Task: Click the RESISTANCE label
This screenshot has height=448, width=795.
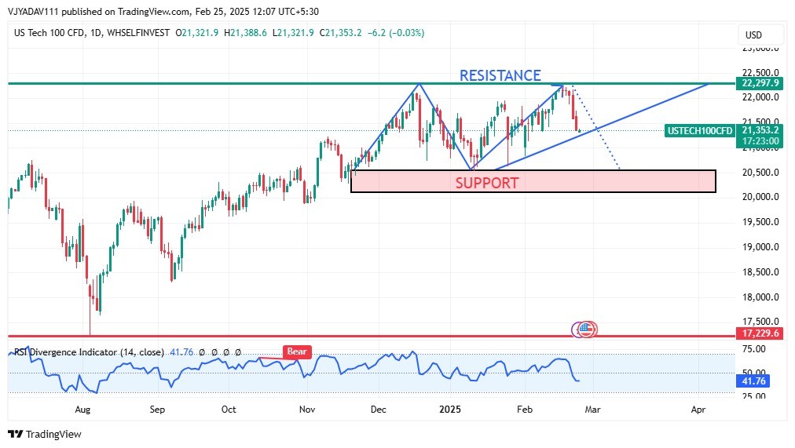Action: click(x=500, y=75)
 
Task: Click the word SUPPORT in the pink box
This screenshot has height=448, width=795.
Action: click(x=487, y=183)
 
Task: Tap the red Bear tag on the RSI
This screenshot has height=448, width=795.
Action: click(x=297, y=352)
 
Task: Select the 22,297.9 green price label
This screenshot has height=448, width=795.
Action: click(x=760, y=83)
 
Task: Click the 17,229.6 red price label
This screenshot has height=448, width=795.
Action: click(x=760, y=333)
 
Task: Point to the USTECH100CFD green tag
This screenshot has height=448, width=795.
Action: click(x=699, y=130)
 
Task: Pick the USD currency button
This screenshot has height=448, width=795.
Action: click(x=753, y=35)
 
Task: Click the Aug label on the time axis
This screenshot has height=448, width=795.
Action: click(x=82, y=410)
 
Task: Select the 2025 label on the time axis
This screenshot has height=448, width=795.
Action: click(x=450, y=410)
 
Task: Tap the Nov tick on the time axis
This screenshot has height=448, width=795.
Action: click(x=307, y=410)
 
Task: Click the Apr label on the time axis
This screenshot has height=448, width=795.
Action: click(x=698, y=410)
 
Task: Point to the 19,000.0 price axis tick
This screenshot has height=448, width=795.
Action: click(x=760, y=247)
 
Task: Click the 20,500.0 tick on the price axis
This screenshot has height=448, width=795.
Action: click(x=760, y=172)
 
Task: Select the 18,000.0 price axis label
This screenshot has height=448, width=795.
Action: click(x=760, y=297)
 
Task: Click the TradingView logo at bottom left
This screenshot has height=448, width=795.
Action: click(x=45, y=434)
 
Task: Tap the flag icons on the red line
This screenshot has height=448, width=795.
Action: click(x=585, y=330)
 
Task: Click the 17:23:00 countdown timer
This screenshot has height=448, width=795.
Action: click(x=760, y=141)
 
